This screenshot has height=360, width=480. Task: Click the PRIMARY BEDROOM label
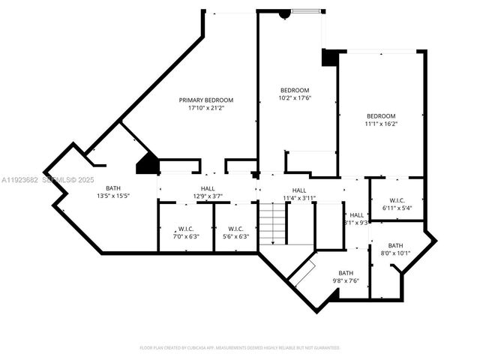point(205,100)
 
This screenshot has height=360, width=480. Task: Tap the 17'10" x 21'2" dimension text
point(205,108)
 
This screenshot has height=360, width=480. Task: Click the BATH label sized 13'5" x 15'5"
point(113,188)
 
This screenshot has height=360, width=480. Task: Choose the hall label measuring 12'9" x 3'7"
point(208,189)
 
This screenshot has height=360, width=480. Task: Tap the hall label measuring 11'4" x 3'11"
point(298,190)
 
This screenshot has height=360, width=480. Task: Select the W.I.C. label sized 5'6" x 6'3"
point(235,229)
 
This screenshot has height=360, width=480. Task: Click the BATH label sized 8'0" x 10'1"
point(395,245)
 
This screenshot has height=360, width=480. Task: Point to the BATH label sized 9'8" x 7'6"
point(345,273)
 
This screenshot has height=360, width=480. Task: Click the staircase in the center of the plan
point(274,226)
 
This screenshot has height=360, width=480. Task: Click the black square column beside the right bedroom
point(329,58)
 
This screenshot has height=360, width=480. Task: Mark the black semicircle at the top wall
point(284,13)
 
